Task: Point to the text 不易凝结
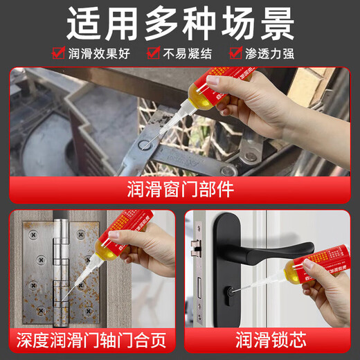pos(190,53)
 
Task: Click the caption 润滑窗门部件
pos(180,189)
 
